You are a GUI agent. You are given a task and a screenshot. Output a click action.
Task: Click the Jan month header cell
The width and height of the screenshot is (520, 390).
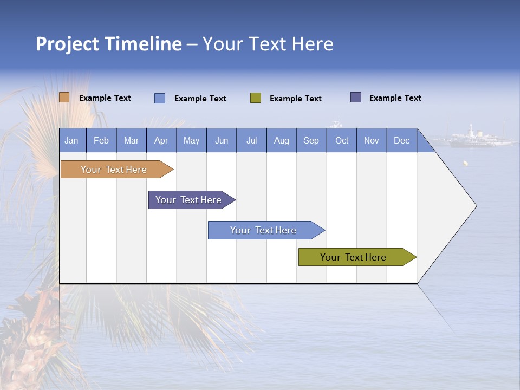click(72, 140)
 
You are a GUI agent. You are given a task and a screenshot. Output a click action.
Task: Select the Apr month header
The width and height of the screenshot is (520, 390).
click(161, 140)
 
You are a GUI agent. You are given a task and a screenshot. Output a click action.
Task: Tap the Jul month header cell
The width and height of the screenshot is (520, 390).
click(252, 140)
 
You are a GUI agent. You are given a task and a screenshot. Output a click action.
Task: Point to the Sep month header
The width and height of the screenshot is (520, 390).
click(311, 140)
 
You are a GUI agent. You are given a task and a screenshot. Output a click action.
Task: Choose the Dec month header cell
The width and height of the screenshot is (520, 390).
click(402, 140)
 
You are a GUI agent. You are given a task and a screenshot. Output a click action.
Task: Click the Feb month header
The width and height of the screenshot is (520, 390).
click(101, 140)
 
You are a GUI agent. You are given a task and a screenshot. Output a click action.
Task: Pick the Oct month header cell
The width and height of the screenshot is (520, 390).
click(342, 140)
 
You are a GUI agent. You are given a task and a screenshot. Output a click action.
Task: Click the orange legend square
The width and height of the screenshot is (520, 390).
click(64, 97)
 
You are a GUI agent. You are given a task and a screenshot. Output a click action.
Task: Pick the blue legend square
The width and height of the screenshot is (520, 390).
click(160, 98)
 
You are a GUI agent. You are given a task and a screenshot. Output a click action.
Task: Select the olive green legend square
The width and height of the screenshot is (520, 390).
click(256, 98)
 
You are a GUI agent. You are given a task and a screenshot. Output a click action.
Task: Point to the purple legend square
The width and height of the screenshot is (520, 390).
click(356, 97)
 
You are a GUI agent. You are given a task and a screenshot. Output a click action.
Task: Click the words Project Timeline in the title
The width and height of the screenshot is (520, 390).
click(109, 44)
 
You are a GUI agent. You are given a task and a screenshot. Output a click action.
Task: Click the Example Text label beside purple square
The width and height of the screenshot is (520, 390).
click(395, 98)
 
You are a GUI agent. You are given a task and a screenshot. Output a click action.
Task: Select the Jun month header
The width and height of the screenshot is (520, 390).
click(222, 140)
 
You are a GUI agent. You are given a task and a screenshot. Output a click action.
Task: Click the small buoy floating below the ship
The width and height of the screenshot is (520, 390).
click(465, 163)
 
